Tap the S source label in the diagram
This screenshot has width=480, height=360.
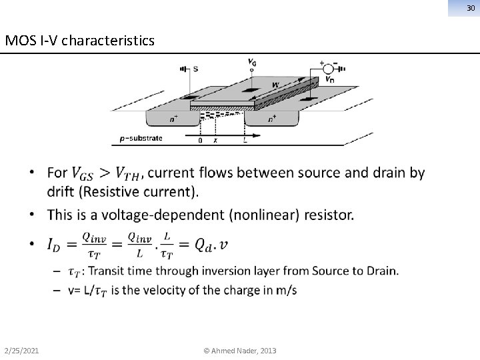[195, 68]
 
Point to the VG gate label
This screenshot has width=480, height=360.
[252, 62]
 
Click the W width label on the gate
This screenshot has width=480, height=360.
[275, 85]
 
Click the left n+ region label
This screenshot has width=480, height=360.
[174, 120]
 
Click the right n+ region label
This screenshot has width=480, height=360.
[272, 120]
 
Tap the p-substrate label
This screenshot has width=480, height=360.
[141, 139]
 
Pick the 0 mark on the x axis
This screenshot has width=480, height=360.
[200, 141]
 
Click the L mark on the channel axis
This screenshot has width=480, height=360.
[245, 141]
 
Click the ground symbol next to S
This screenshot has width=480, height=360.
[183, 68]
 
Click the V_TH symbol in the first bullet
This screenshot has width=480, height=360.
[127, 174]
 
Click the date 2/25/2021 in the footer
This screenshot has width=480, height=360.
[21, 350]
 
